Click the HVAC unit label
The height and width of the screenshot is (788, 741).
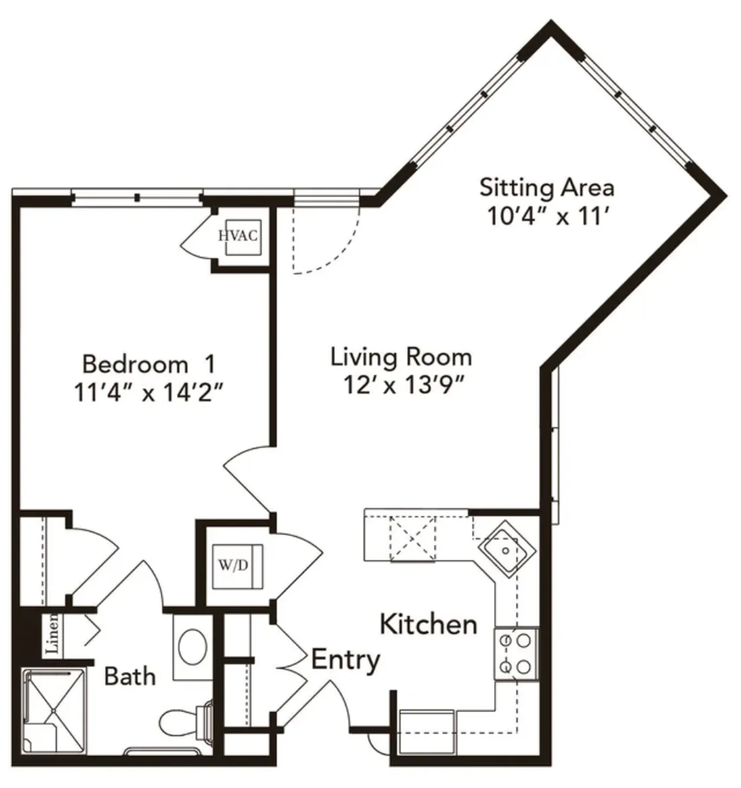[x=238, y=235]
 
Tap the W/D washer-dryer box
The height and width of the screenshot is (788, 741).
[x=237, y=566]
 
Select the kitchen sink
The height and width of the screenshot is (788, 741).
[x=506, y=550]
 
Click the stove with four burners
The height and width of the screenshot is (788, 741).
[x=516, y=654]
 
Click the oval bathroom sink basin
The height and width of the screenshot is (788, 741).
[x=193, y=646]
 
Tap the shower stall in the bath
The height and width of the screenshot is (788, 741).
[x=53, y=711]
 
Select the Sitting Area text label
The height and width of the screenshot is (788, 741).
[x=547, y=187]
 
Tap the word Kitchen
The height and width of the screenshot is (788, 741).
[x=428, y=624]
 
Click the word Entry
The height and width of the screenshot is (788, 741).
[x=346, y=660]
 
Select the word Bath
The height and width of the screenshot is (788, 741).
[x=130, y=676]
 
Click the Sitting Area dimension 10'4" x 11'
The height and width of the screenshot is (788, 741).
[x=549, y=217]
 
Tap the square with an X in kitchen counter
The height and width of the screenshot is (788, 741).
[x=413, y=538]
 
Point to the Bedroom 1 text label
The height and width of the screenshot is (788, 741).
[x=149, y=364]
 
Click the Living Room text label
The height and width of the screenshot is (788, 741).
[x=401, y=358]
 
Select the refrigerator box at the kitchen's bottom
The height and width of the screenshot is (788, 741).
[x=427, y=731]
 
